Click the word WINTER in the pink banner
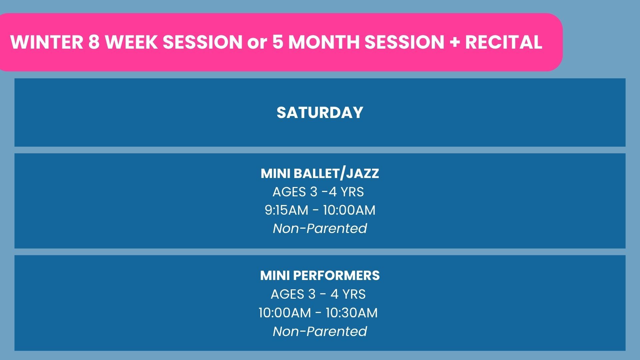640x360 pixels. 47,42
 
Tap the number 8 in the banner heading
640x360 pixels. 94,42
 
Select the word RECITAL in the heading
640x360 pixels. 503,42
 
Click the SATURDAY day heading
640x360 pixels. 320,113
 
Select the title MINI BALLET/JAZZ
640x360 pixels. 320,174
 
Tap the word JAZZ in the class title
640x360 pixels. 363,174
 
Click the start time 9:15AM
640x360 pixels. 287,210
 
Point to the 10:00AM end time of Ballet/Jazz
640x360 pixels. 349,210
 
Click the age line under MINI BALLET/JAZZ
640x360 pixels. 318,192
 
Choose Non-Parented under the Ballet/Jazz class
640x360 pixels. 320,229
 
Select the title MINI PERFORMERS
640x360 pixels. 320,276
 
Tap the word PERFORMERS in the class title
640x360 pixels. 336,276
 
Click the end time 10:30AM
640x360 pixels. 352,313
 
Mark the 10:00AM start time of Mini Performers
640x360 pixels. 285,313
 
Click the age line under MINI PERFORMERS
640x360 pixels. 318,294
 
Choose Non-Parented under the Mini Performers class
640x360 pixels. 320,332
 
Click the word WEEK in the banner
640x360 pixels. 131,42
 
